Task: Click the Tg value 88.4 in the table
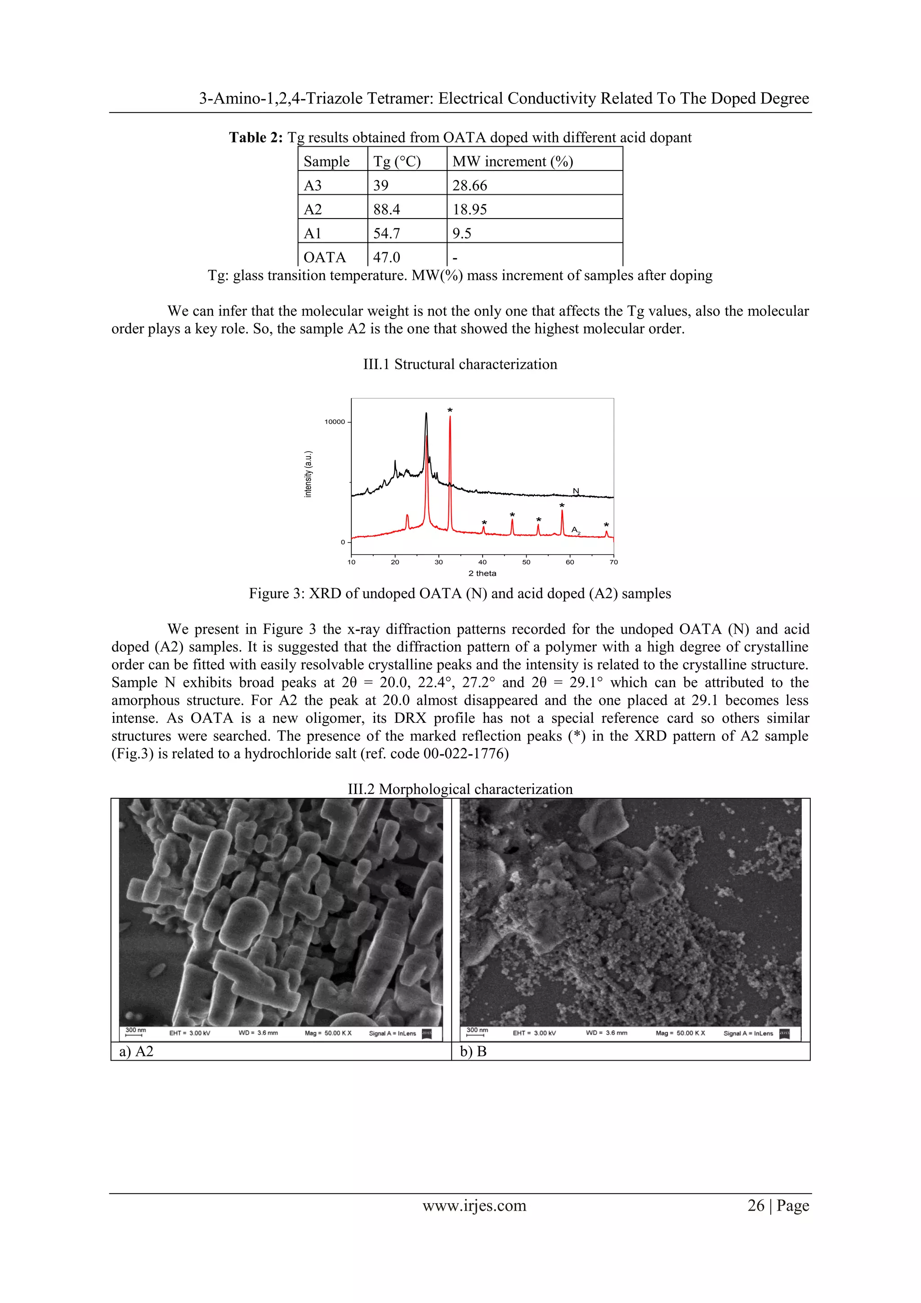point(386,210)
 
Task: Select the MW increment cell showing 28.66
point(469,186)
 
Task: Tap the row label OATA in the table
point(325,258)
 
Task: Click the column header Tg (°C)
point(397,162)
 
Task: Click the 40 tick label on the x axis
point(483,562)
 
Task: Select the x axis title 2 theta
point(483,573)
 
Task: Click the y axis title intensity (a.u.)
point(308,474)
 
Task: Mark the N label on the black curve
point(576,491)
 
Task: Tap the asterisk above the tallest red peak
point(450,410)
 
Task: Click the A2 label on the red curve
point(576,530)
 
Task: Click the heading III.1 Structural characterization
point(460,364)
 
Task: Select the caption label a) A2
point(136,1052)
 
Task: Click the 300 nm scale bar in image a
point(135,1032)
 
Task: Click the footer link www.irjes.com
point(474,1205)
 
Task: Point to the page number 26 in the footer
point(756,1205)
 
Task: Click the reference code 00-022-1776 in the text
point(465,754)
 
